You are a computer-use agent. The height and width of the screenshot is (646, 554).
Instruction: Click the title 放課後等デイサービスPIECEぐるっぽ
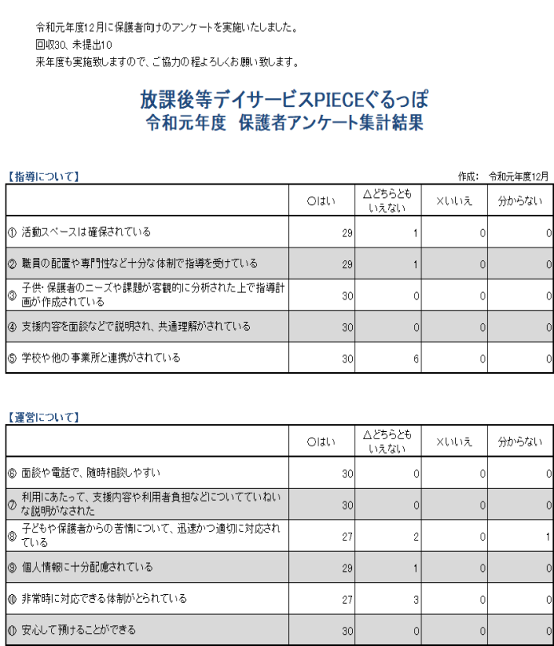(x=284, y=100)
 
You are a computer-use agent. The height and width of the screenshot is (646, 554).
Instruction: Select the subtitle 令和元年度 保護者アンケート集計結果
(x=284, y=123)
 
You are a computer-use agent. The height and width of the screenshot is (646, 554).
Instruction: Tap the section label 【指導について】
(x=43, y=176)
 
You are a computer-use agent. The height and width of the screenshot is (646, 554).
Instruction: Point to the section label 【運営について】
(x=43, y=417)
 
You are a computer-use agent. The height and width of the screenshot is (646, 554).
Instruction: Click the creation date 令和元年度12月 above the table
(x=519, y=176)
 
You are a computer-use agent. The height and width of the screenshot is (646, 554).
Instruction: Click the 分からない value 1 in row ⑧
(x=548, y=537)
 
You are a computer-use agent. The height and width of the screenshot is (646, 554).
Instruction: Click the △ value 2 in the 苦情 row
(x=415, y=537)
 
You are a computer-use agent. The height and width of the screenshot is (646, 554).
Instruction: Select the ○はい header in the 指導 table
(x=322, y=201)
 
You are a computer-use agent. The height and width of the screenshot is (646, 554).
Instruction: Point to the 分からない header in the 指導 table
(x=520, y=201)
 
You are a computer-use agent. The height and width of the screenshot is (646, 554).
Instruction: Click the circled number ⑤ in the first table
(x=12, y=359)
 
